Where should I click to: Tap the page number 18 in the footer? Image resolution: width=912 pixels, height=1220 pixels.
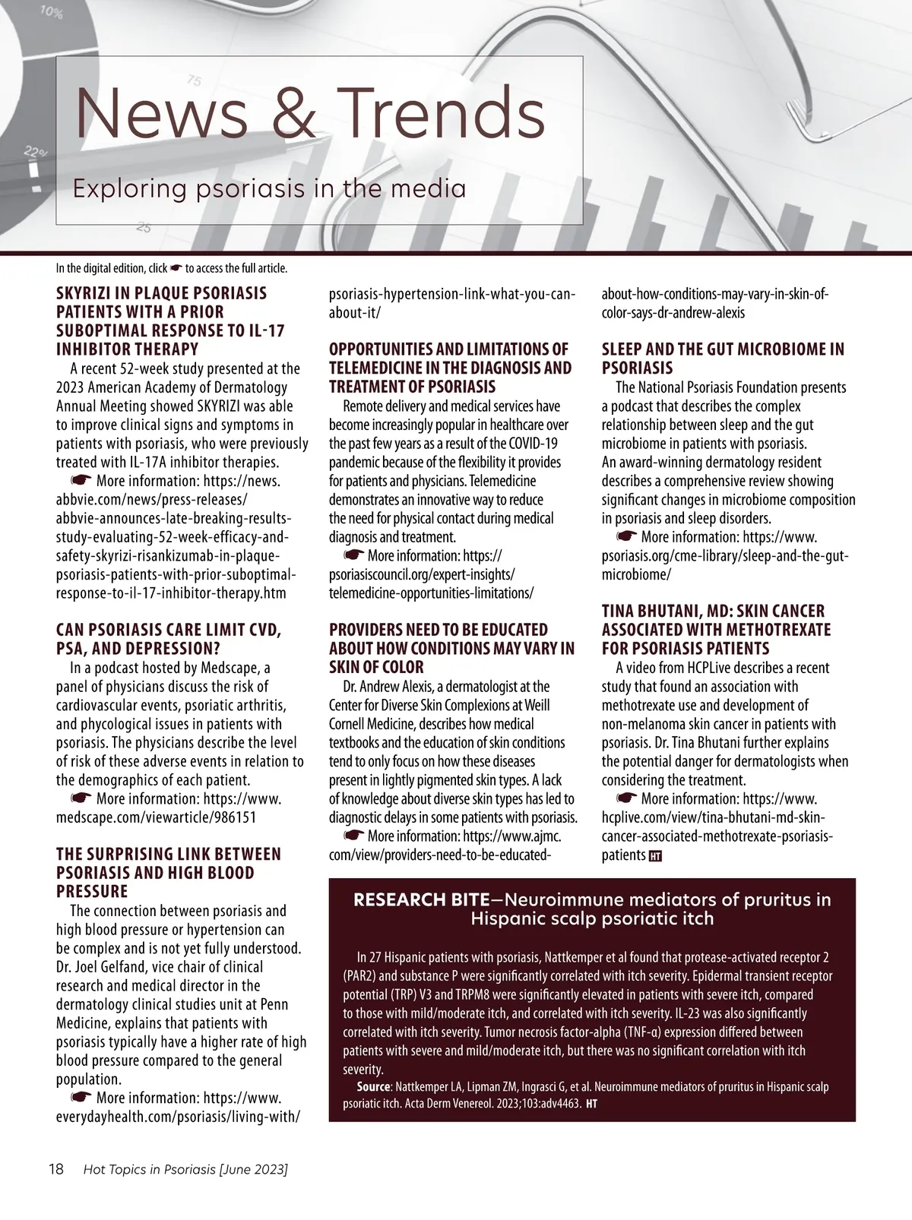click(x=56, y=1169)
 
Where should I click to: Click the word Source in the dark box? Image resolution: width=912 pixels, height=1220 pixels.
click(x=374, y=1087)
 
